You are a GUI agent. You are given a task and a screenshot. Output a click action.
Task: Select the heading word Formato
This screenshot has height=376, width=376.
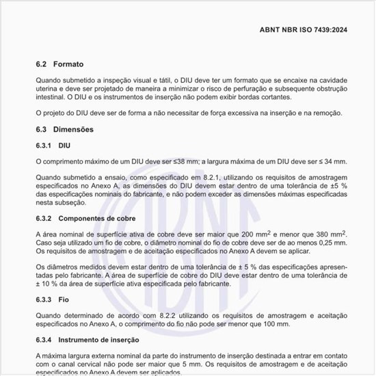(x=68, y=64)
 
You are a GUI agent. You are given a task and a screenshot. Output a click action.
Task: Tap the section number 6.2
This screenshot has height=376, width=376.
(x=42, y=64)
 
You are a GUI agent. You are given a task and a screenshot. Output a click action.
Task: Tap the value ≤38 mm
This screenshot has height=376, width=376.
(x=180, y=161)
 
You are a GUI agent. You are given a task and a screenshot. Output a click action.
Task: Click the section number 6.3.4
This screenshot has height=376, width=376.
(x=44, y=340)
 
